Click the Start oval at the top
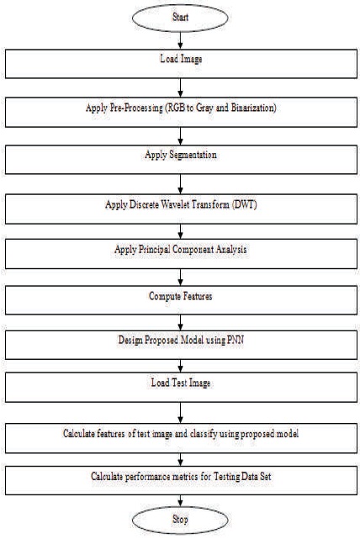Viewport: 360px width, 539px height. tap(180, 18)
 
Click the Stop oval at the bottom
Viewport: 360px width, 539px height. tap(180, 520)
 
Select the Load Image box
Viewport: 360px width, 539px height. tap(181, 64)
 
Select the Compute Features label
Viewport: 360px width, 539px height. tap(181, 296)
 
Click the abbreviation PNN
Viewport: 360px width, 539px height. tap(236, 340)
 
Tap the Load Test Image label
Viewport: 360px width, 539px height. tap(181, 383)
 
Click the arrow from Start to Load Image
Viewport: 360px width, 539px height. tap(180, 40)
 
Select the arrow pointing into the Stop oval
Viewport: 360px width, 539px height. tap(180, 500)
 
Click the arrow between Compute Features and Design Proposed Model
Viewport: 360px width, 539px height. tap(180, 323)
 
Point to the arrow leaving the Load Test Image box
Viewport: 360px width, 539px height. tap(180, 413)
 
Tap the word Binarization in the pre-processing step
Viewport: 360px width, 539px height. tap(253, 108)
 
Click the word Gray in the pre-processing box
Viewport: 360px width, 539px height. tap(204, 108)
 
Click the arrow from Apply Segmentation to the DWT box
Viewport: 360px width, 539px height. tap(180, 184)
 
